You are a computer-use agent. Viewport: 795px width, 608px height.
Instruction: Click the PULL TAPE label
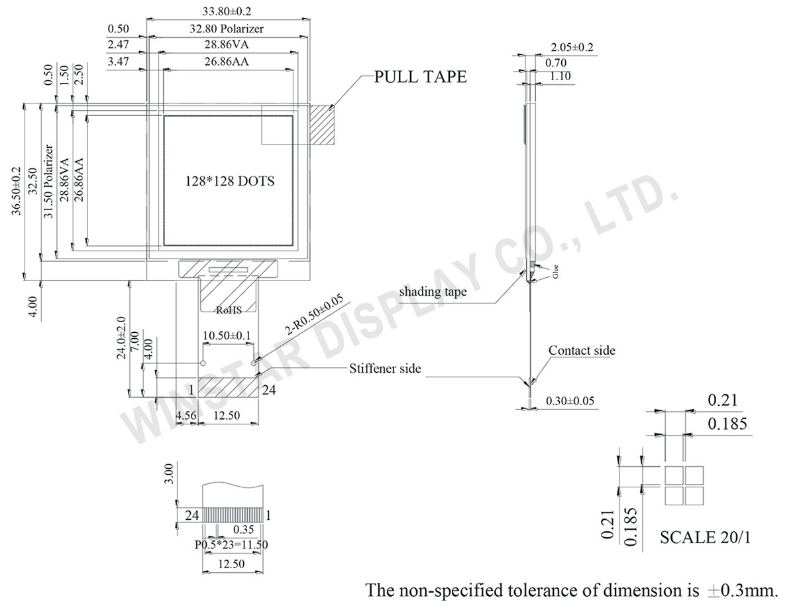click(421, 77)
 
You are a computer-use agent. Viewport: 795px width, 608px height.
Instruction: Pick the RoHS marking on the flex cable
click(229, 310)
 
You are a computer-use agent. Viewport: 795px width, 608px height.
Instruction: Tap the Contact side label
click(582, 350)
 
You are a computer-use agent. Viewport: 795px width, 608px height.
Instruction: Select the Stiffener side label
click(385, 369)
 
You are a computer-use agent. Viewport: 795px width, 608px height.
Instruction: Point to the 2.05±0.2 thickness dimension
click(572, 47)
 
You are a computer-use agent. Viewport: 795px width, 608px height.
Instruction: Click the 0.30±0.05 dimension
click(569, 400)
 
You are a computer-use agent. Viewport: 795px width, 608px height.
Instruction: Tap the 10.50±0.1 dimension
click(227, 336)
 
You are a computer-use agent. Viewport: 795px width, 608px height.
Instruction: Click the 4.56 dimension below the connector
click(185, 415)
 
